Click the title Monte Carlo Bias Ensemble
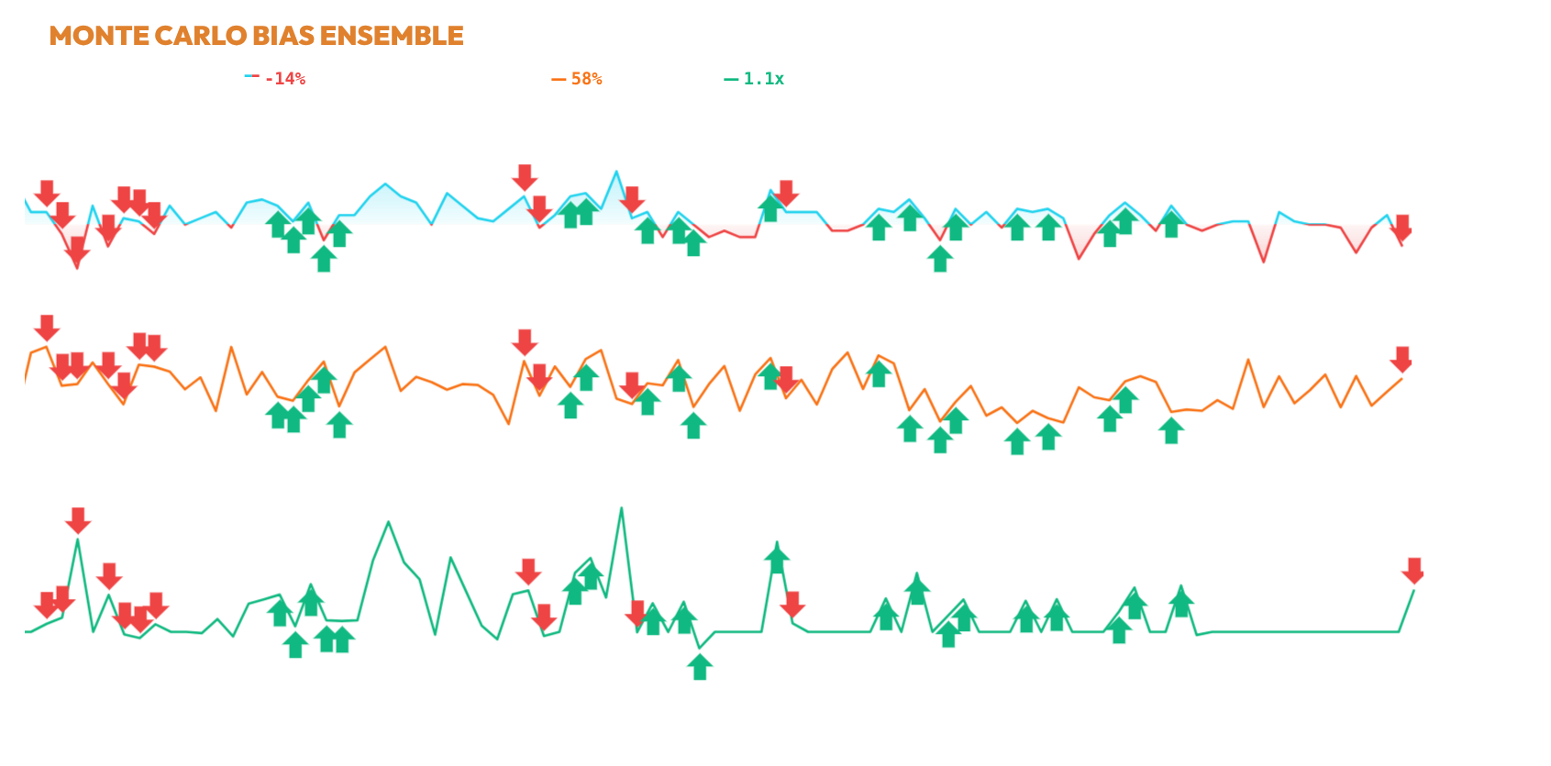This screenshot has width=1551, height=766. [x=256, y=36]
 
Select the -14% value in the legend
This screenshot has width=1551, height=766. [x=284, y=79]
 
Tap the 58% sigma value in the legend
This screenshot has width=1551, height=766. [x=586, y=79]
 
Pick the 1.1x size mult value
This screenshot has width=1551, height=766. [x=763, y=79]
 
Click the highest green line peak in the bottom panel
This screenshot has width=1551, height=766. [x=621, y=507]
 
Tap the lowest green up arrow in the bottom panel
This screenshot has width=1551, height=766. [x=699, y=666]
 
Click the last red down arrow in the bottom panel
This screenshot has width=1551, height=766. [x=1413, y=571]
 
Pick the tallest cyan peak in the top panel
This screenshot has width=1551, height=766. [x=616, y=172]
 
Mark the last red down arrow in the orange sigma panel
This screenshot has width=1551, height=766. [x=1401, y=359]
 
